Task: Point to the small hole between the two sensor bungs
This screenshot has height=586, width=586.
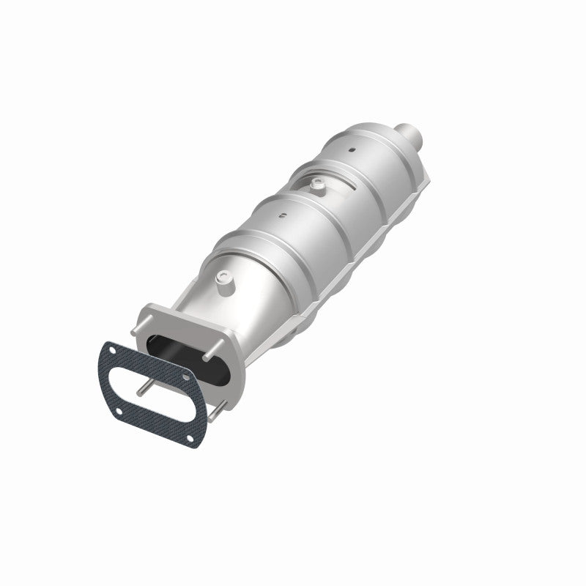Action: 282,215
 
